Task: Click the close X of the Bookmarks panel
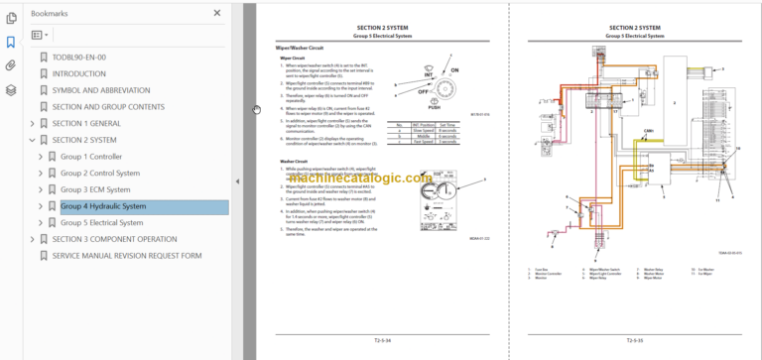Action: (217, 13)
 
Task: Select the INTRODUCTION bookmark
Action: (79, 73)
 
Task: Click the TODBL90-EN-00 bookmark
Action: (78, 58)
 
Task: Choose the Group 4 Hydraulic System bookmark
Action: (103, 206)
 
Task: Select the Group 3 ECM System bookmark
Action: (95, 189)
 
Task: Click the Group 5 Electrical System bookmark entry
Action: (101, 223)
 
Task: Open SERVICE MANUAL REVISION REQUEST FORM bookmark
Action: (126, 256)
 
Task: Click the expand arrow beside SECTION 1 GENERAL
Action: (32, 124)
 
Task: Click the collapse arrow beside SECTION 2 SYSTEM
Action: (32, 141)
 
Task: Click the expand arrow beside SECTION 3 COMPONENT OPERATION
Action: (32, 240)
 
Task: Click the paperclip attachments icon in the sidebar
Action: (10, 65)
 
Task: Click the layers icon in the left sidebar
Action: (10, 89)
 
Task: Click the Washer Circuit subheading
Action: (295, 161)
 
